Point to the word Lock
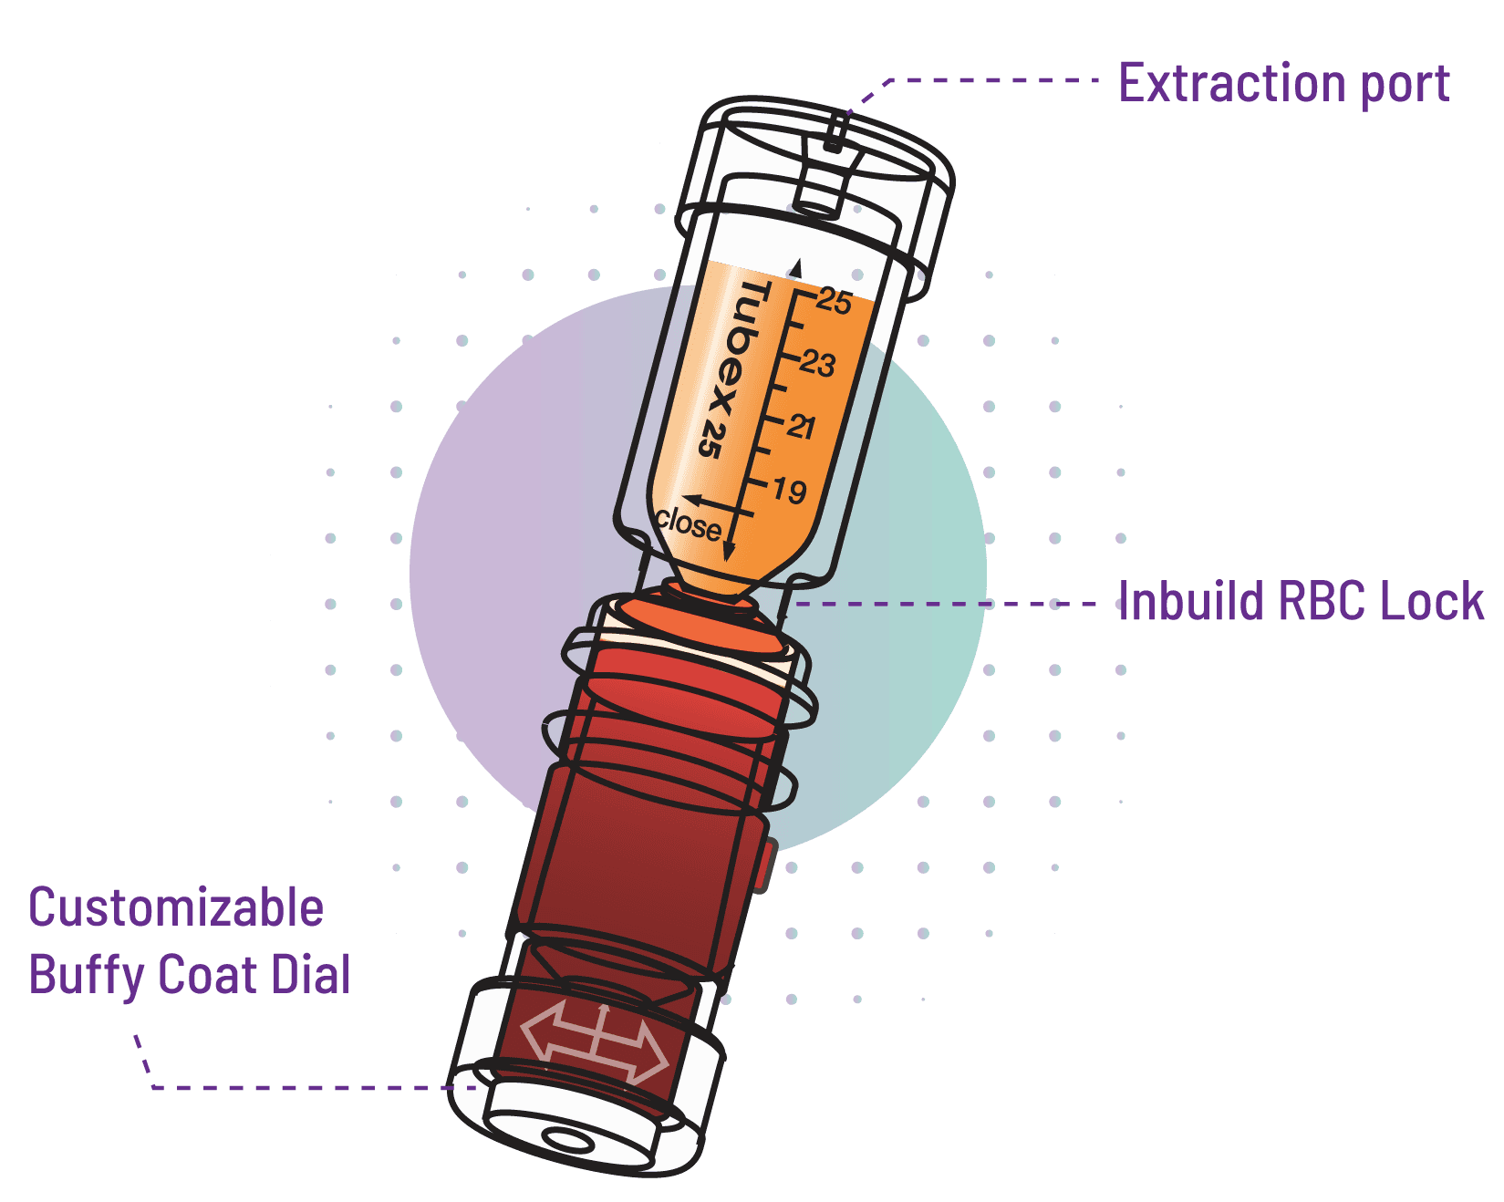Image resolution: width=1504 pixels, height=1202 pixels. [x=1432, y=601]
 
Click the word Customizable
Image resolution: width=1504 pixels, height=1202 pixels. [x=176, y=907]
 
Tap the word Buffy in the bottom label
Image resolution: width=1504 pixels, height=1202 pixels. [x=87, y=975]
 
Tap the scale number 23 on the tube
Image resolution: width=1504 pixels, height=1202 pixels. [x=817, y=364]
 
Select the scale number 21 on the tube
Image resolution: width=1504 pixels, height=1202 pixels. [x=801, y=426]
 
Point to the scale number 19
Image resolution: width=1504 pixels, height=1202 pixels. [x=789, y=491]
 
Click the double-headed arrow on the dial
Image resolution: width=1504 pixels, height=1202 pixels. [x=595, y=1041]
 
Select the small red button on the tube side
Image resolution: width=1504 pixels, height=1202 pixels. [x=764, y=866]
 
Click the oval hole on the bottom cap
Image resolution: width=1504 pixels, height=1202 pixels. [x=567, y=1139]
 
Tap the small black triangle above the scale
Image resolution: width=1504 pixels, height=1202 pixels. [x=794, y=267]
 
